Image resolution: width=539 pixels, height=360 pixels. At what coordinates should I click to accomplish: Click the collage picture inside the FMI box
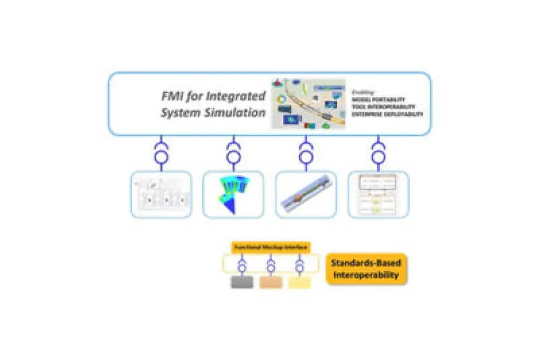click(308, 104)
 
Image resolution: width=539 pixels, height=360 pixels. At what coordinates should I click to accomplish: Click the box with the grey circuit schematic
click(161, 194)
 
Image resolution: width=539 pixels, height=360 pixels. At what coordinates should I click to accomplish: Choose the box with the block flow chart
click(378, 194)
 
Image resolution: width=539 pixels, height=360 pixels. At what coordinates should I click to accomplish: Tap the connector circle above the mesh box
click(233, 157)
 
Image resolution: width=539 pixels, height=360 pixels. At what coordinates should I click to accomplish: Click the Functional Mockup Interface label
click(271, 247)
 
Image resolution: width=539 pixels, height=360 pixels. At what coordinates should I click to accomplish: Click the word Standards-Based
click(366, 264)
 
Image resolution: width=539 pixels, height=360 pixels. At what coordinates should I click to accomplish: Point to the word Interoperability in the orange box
click(366, 275)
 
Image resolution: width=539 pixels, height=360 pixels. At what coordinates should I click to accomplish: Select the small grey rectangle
click(242, 282)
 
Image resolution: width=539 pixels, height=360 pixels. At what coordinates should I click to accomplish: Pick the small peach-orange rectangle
click(271, 282)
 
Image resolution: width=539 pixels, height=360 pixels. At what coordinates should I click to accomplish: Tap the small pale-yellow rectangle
click(299, 282)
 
